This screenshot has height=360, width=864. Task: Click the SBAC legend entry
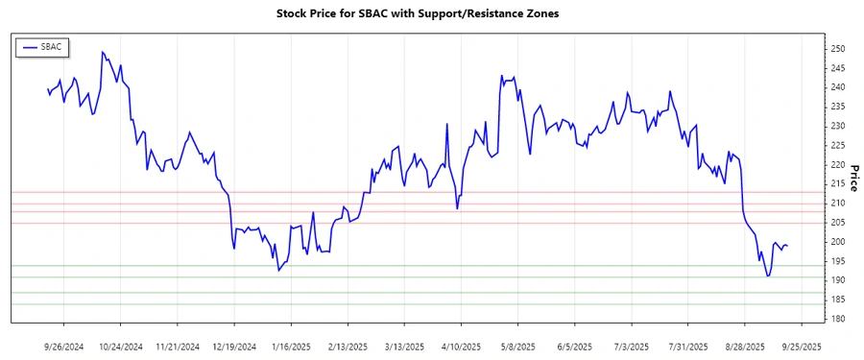point(43,46)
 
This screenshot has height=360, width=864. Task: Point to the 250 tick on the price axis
point(837,49)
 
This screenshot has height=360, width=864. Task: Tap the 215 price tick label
point(837,184)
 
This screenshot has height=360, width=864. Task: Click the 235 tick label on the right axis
point(837,107)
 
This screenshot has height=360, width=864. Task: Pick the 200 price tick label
point(837,242)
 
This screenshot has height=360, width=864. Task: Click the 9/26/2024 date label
point(64,346)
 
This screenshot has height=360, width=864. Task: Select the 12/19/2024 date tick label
point(234,346)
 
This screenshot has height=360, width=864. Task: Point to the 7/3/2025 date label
point(631,346)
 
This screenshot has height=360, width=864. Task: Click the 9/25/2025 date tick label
point(801,346)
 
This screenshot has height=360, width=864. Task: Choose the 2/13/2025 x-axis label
point(348,346)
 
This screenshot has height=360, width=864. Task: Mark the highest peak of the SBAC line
point(102,52)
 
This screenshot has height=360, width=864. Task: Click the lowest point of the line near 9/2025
point(768,276)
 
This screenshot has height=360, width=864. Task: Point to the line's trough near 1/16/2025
point(278,271)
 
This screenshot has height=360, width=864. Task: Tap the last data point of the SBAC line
point(788,246)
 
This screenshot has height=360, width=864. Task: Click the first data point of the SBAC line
point(48,89)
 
